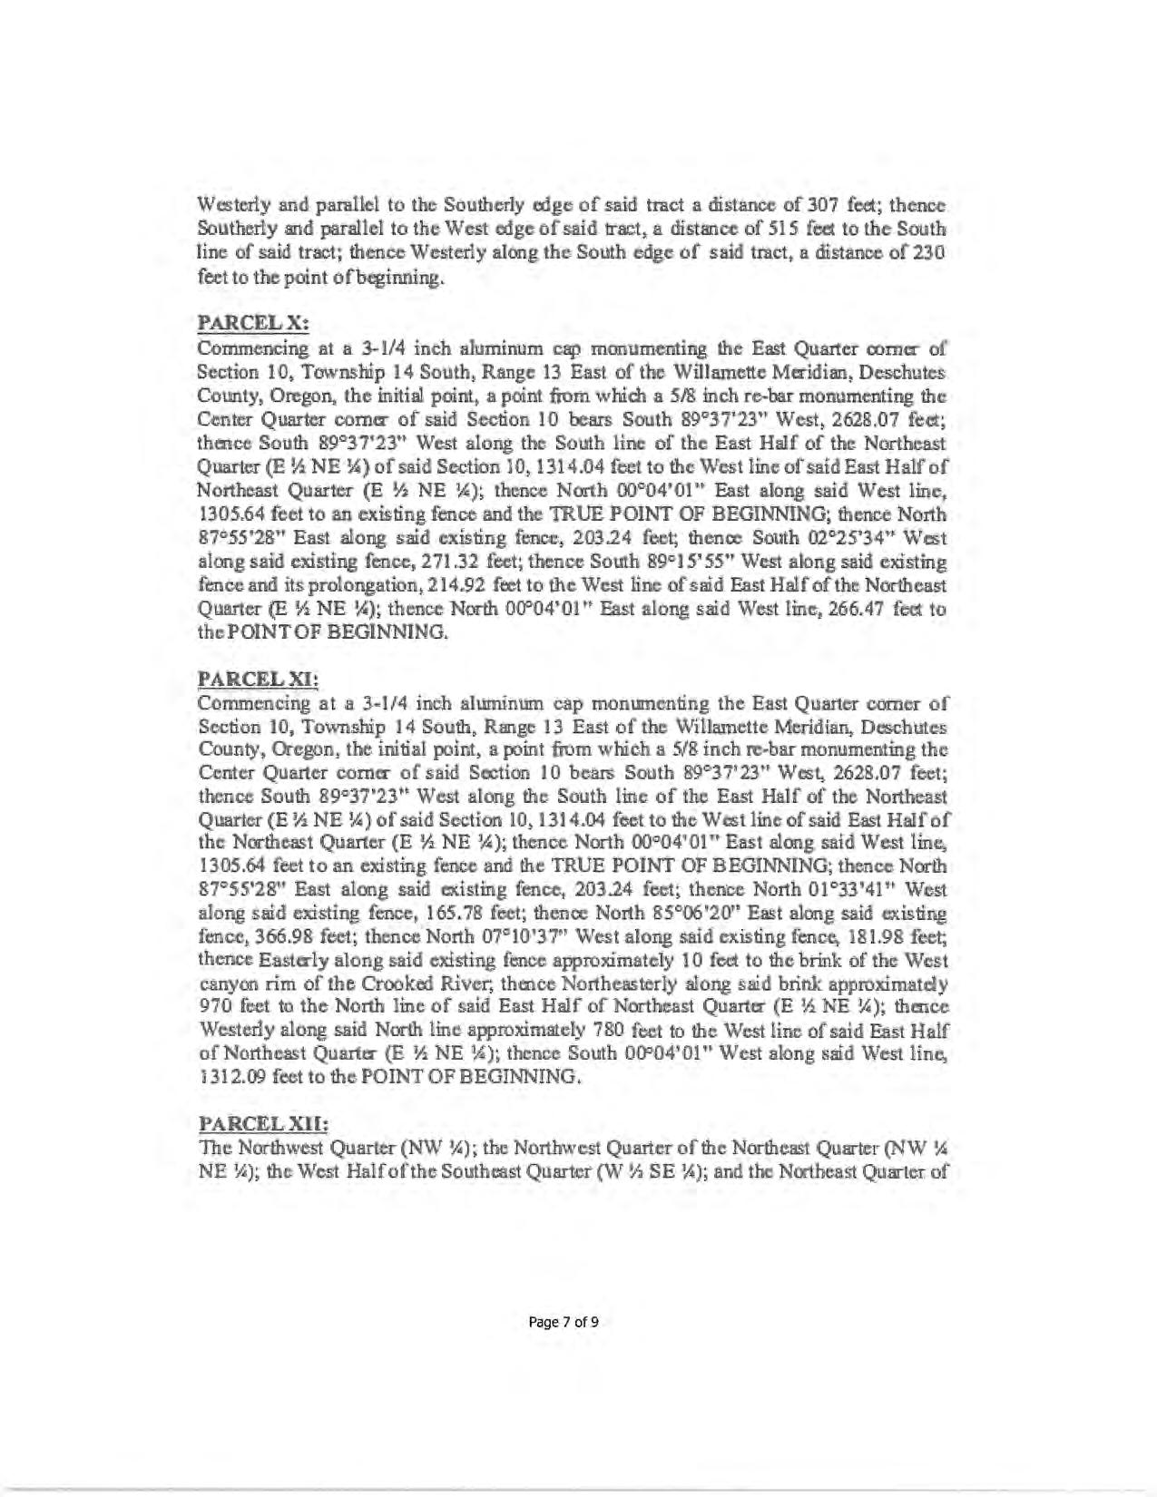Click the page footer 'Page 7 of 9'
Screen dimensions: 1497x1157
point(564,1321)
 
